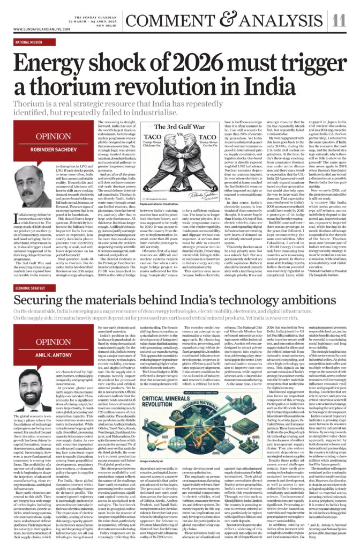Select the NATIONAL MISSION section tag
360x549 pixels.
(29, 41)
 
